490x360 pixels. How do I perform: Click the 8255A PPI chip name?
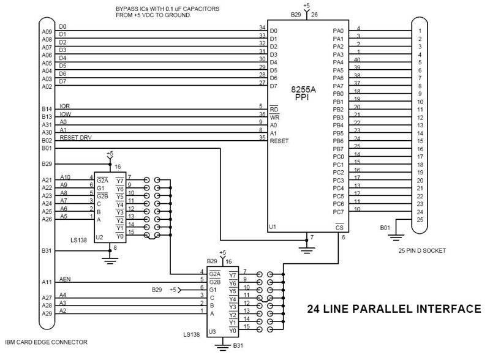pyautogui.click(x=303, y=94)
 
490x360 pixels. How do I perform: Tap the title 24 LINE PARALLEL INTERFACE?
pyautogui.click(x=394, y=309)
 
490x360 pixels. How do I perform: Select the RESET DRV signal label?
pyautogui.click(x=75, y=138)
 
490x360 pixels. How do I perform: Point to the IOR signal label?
pyautogui.click(x=65, y=107)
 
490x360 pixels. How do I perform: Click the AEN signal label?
pyautogui.click(x=65, y=279)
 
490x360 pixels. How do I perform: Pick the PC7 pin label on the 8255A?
pyautogui.click(x=338, y=212)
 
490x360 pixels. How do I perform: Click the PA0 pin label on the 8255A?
pyautogui.click(x=338, y=31)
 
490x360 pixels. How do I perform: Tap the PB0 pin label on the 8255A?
pyautogui.click(x=338, y=94)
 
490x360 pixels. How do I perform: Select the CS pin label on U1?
pyautogui.click(x=339, y=227)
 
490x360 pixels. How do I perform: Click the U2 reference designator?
pyautogui.click(x=99, y=237)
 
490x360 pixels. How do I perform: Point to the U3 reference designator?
pyautogui.click(x=212, y=332)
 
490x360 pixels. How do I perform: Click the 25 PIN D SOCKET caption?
pyautogui.click(x=422, y=250)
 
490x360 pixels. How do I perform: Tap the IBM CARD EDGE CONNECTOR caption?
pyautogui.click(x=47, y=342)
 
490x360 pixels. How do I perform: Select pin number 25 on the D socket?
pyautogui.click(x=420, y=219)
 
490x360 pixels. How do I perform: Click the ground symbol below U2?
pyautogui.click(x=110, y=261)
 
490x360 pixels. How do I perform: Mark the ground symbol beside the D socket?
pyautogui.click(x=396, y=237)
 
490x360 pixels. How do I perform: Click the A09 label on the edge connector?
pyautogui.click(x=47, y=32)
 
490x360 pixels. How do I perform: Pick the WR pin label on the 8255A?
pyautogui.click(x=274, y=117)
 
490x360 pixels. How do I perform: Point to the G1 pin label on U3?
pyautogui.click(x=213, y=290)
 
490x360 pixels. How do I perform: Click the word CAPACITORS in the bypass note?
pyautogui.click(x=201, y=9)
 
